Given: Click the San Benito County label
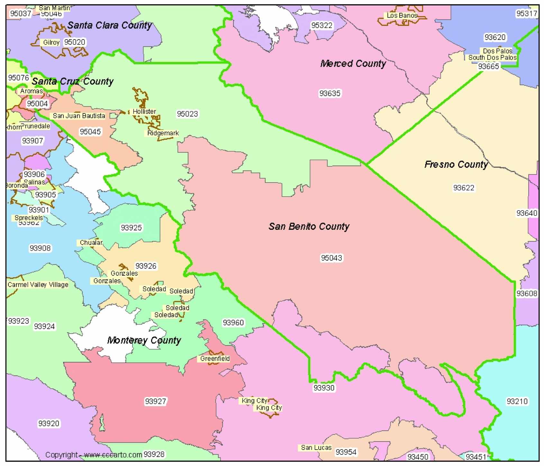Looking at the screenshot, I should coord(309,227).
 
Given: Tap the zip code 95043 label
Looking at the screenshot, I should coord(331,258).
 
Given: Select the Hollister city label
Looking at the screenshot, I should coord(144,112).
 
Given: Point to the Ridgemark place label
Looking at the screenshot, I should coord(163,133).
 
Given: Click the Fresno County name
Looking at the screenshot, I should coord(456,165).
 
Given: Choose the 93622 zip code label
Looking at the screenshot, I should coord(463,188).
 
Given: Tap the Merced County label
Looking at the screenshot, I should coord(353,64).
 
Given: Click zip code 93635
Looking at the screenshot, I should coord(330,94).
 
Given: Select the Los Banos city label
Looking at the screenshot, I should coord(402,15).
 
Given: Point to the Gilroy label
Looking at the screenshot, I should coord(51,42).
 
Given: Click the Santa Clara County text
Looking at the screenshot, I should coord(110,25).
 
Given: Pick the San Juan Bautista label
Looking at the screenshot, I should coord(79,116).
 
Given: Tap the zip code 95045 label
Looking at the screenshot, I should coord(90,132).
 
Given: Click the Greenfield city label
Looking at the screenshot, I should coord(215,359).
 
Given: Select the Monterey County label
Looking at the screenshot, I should coord(144,340).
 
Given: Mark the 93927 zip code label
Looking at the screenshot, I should coord(155,401).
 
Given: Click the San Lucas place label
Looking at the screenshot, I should coord(316,448).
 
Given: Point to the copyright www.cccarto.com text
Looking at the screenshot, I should coord(93,455).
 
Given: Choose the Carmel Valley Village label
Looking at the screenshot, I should coord(38,285).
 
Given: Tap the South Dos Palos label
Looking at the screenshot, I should coord(492,58).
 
